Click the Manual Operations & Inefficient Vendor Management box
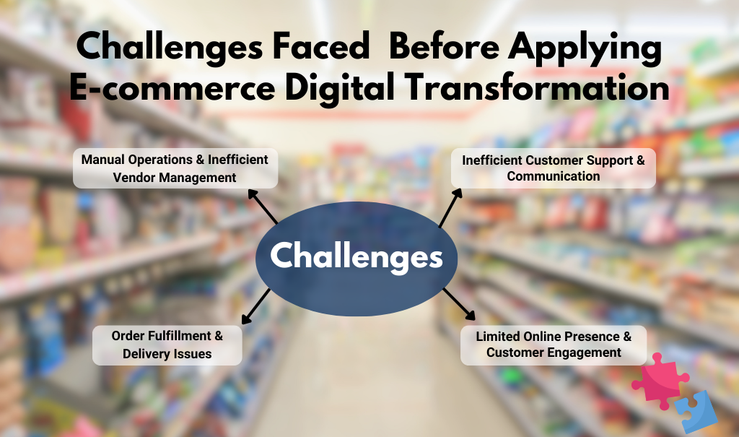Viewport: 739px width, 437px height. (175, 168)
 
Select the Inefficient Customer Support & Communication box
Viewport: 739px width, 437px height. (554, 168)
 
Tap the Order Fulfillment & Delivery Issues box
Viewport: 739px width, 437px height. (167, 345)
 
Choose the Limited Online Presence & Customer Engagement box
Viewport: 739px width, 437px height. (554, 345)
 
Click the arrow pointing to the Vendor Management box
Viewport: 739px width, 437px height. (263, 207)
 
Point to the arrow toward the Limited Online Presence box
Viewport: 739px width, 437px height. (459, 303)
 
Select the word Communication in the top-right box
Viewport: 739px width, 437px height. (554, 176)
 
